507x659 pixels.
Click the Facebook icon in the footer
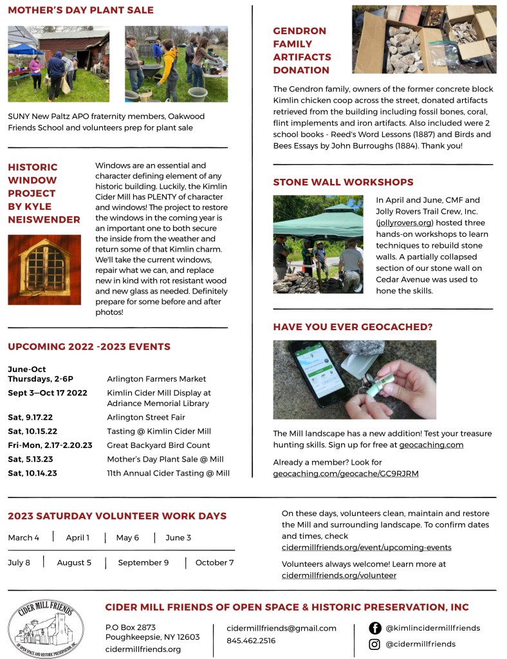tap(375, 628)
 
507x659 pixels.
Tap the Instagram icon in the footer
tap(375, 644)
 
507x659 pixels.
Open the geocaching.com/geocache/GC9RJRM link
tap(346, 474)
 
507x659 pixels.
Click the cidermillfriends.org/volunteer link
tap(339, 575)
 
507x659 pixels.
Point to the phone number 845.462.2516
tap(251, 641)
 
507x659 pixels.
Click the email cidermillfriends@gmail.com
tap(281, 628)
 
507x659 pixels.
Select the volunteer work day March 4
tap(24, 537)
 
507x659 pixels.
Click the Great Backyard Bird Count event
tap(158, 445)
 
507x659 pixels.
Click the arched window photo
tap(44, 270)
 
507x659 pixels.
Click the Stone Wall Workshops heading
tap(343, 182)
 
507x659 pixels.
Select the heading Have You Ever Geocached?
tap(353, 327)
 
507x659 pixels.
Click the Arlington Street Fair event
tap(146, 417)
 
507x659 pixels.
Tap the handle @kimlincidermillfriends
tap(432, 628)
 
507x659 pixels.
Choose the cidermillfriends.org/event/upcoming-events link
tap(367, 548)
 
